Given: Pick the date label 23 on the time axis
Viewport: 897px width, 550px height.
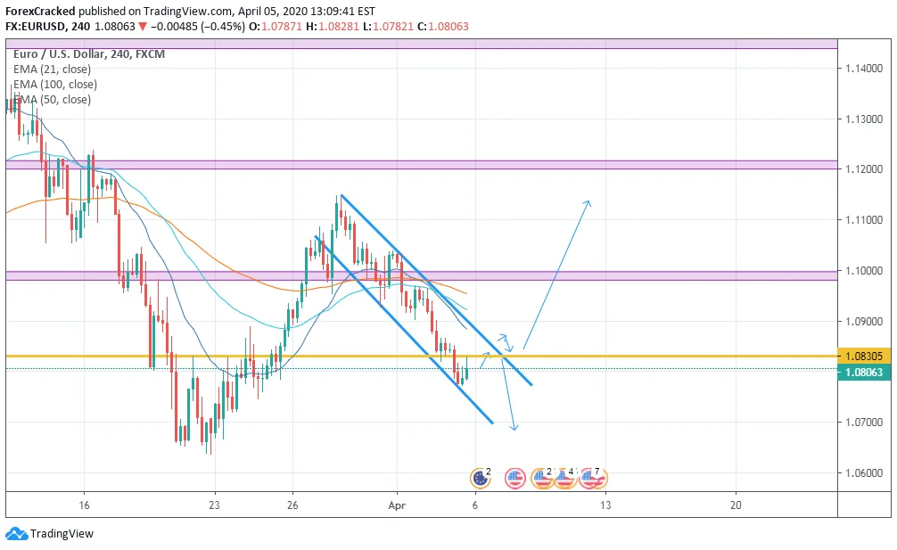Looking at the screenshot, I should point(214,505).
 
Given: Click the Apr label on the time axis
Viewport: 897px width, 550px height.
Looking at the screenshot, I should point(397,505).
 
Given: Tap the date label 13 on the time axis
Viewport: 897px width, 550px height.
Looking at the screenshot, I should point(605,505).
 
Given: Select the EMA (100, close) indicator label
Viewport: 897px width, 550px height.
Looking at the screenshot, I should point(55,85).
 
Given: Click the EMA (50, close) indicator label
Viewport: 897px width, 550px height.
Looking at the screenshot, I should point(52,100).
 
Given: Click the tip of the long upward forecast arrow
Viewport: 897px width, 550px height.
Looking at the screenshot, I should point(588,201).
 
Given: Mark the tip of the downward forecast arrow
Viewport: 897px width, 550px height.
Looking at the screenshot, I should point(514,431).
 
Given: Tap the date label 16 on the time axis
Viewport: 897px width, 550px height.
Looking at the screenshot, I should point(84,505).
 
